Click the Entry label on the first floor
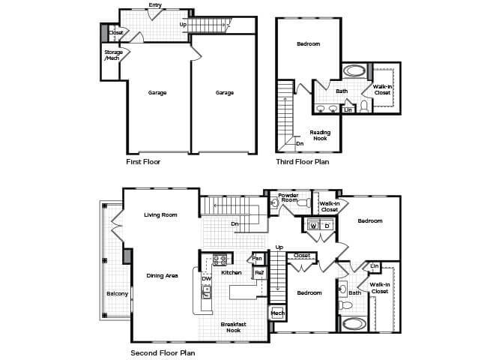coord(155,5)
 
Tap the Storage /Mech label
coord(113,55)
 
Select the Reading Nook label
coord(320,135)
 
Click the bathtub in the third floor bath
coord(354,70)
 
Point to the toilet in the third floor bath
coord(364,106)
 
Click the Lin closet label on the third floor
coord(348,110)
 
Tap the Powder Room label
coord(288,197)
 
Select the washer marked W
coord(313,226)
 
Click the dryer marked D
coord(327,226)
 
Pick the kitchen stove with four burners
coord(220,259)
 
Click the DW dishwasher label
coord(207,279)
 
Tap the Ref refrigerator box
coord(259,272)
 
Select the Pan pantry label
coord(257,259)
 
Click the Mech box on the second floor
coord(277,313)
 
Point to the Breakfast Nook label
coord(233,327)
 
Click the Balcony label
coord(117,294)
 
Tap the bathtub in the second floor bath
coord(354,324)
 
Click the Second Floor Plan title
coord(163,353)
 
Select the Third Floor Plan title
coord(303,162)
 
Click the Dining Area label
coord(162,276)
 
